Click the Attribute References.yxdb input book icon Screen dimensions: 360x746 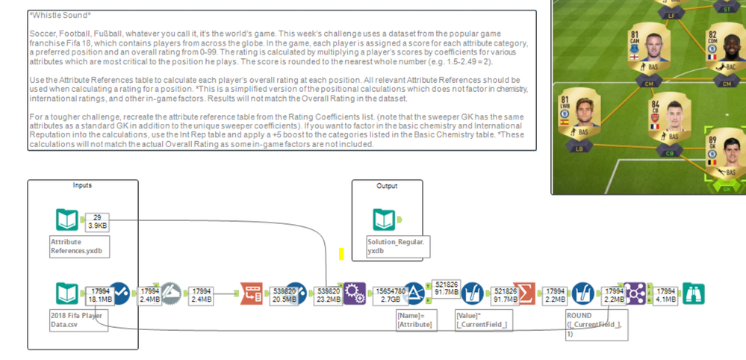(67, 220)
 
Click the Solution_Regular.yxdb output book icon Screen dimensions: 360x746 (385, 220)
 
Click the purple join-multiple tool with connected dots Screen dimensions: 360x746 (635, 293)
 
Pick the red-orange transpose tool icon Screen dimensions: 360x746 (252, 293)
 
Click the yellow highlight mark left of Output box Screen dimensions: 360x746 (341, 254)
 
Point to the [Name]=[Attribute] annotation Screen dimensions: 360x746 (414, 320)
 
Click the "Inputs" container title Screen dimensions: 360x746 (82, 185)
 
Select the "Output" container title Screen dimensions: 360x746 (387, 186)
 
